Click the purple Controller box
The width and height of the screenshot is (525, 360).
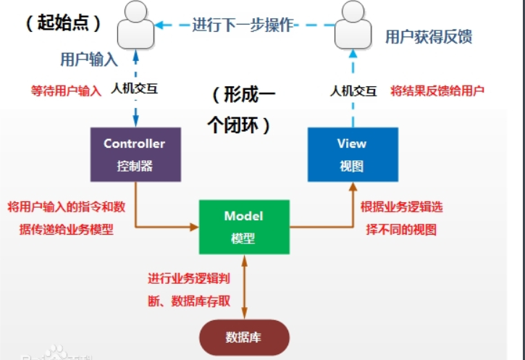coord(134,154)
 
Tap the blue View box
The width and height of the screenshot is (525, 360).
coord(352,154)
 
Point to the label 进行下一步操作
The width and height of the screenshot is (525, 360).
coord(243,24)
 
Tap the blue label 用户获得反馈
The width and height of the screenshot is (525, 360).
coord(429,36)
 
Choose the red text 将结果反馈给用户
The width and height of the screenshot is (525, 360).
coord(437,91)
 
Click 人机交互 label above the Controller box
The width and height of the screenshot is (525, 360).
coord(133,91)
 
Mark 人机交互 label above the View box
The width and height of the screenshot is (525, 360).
coord(353,91)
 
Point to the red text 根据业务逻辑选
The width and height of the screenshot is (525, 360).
coord(402,206)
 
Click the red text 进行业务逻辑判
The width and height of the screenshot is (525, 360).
coord(189,278)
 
